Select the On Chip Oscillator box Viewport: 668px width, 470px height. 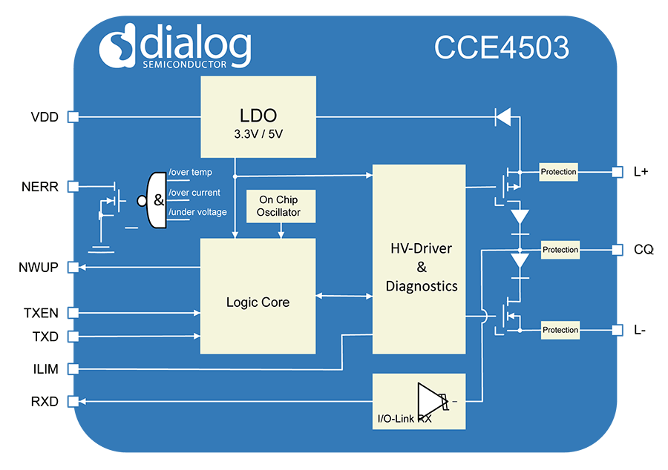click(x=278, y=206)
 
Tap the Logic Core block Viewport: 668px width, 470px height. click(x=258, y=296)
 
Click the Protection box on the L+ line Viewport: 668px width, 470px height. click(x=558, y=172)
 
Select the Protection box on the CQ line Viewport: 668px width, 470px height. click(x=560, y=250)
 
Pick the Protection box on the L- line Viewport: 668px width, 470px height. click(x=560, y=330)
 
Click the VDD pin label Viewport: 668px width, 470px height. click(x=45, y=117)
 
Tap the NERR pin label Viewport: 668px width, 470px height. click(x=41, y=187)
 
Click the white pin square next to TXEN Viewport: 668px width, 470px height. click(x=73, y=312)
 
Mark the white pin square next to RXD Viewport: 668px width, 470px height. click(x=73, y=402)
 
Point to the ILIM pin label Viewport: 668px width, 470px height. click(x=46, y=369)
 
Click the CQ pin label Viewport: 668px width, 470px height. click(x=644, y=250)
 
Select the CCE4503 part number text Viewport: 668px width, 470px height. click(x=502, y=47)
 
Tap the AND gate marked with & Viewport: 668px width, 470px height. click(x=157, y=200)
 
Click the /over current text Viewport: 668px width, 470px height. click(x=194, y=193)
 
